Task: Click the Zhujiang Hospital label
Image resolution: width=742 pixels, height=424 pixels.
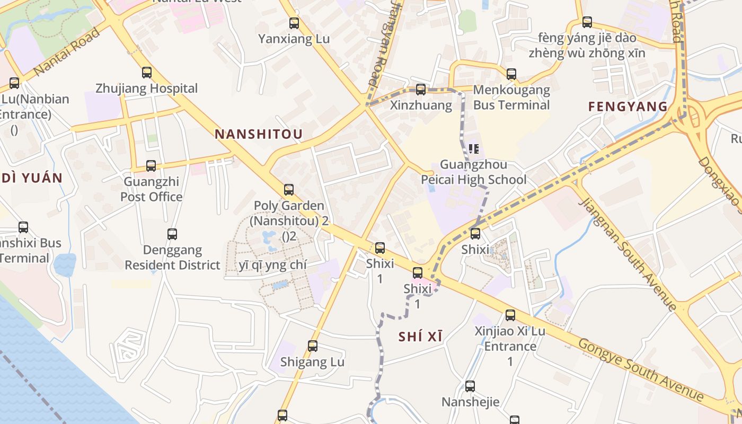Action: pos(146,89)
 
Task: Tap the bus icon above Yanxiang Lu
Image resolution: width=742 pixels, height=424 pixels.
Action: pos(294,23)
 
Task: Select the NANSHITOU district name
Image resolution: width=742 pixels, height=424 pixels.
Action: pos(259,135)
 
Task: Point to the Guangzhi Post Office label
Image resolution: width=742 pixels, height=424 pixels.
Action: pos(151,189)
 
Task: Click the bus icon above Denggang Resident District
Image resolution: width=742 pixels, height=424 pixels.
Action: pos(172,234)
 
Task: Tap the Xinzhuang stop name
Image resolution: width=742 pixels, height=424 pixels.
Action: pos(421,105)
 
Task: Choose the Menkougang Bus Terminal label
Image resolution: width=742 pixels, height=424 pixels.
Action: pos(511,98)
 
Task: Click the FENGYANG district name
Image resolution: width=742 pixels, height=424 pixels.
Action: pos(628,107)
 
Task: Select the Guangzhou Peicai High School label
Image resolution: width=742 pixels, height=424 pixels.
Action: pos(474,172)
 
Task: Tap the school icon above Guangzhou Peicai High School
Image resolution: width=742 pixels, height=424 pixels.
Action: pos(474,148)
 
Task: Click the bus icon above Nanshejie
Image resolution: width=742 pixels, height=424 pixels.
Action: pos(470,386)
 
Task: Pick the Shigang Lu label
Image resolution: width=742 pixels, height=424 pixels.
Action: pos(312,362)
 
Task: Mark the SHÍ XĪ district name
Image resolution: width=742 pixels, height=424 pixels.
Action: pos(420,337)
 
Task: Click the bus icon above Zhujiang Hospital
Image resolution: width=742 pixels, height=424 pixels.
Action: pos(147,73)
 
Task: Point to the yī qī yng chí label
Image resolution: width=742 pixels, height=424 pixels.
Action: pos(272,266)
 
